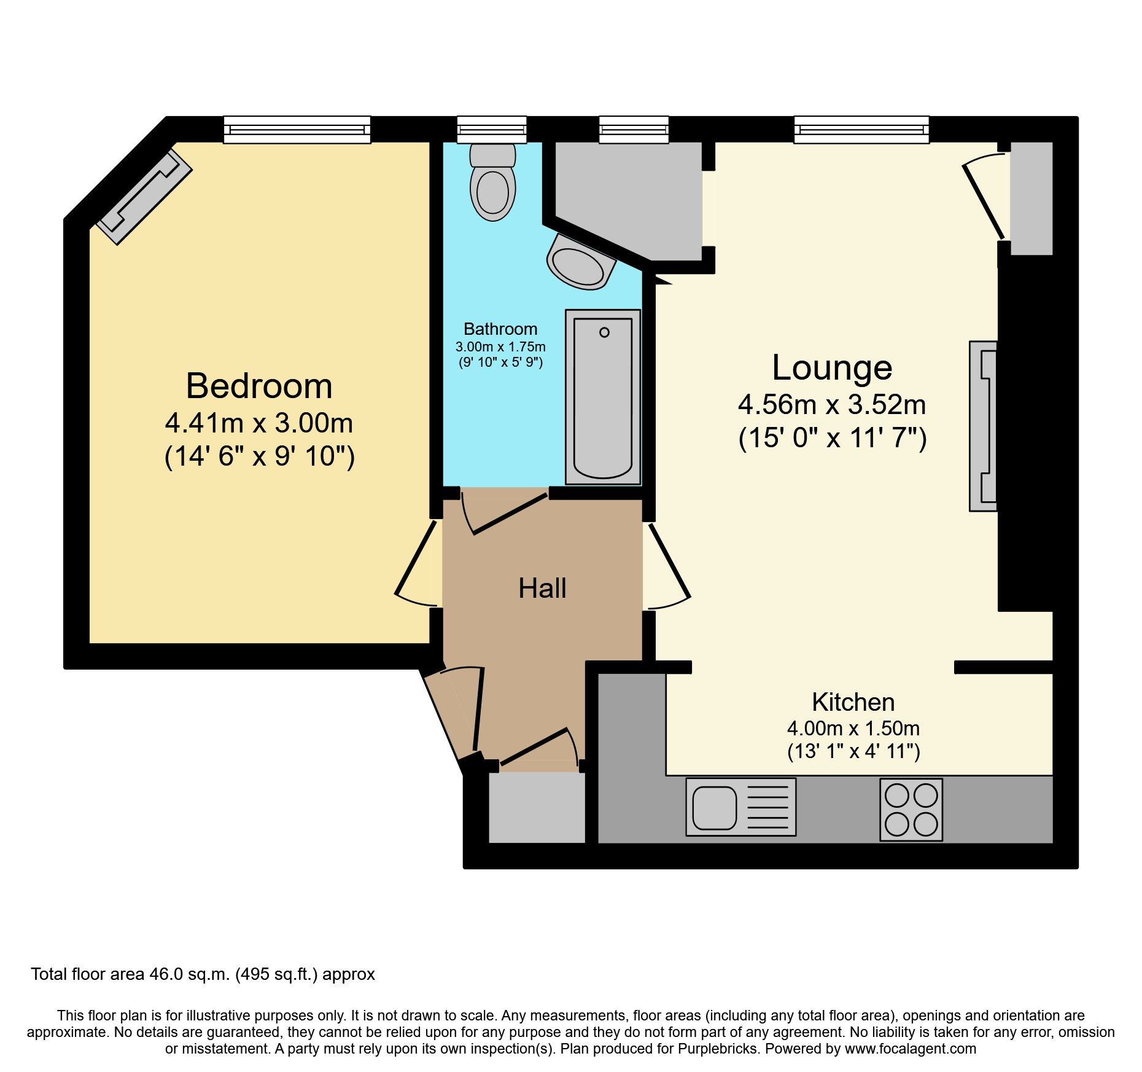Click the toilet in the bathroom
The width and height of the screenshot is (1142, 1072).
click(492, 183)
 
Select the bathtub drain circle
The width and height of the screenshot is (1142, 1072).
click(604, 332)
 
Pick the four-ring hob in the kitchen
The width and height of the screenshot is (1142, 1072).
click(911, 810)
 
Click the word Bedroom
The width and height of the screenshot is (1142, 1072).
click(259, 386)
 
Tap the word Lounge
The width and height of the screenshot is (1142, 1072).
click(832, 367)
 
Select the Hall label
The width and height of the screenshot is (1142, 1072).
click(542, 589)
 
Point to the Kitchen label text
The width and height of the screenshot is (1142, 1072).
click(853, 702)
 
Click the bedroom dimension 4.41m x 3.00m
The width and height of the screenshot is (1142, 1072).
click(259, 423)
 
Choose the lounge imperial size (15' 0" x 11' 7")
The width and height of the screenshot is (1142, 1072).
click(832, 439)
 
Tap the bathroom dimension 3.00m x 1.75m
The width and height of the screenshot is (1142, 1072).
click(500, 347)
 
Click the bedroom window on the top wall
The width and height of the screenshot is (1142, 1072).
click(297, 130)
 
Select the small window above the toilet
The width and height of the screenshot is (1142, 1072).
click(492, 130)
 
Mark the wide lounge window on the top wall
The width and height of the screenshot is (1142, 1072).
click(861, 130)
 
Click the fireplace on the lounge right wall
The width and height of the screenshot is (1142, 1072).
click(982, 426)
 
